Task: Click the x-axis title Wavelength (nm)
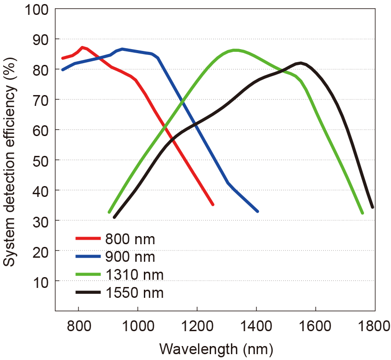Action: pos(216,348)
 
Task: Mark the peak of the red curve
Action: pos(82,47)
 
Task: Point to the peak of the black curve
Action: pos(300,63)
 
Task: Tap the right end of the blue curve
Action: pos(258,211)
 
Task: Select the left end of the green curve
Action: pos(109,212)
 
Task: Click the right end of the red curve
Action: pos(213,205)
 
